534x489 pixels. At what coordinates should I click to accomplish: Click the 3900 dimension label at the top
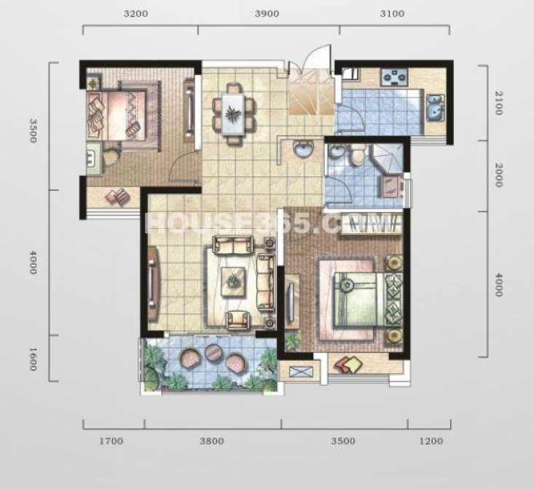267,14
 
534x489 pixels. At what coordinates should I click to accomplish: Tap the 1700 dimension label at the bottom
111,442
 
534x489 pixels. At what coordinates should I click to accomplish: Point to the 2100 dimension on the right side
498,103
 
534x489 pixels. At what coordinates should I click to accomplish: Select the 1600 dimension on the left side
32,359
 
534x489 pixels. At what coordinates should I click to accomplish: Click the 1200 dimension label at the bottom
431,442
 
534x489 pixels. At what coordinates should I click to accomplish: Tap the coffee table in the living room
233,282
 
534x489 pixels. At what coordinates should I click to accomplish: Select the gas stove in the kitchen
395,77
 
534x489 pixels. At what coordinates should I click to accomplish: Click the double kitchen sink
435,107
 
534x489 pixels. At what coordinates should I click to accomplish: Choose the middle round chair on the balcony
214,352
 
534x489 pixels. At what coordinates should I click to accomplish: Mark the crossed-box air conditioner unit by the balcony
300,372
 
